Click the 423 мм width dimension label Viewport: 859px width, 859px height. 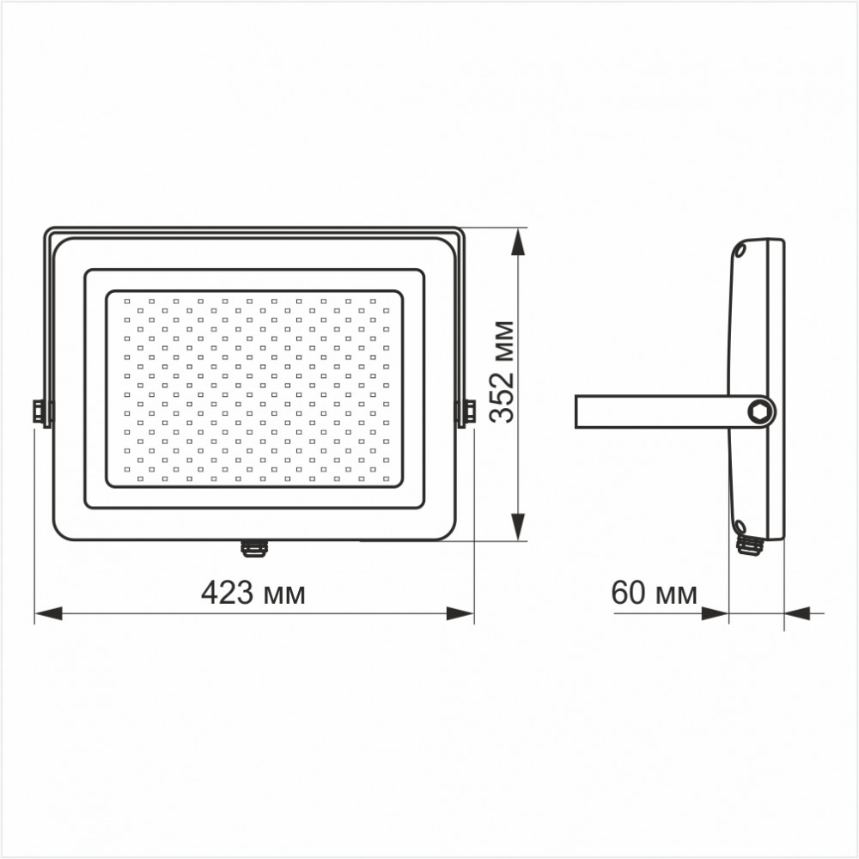click(x=253, y=593)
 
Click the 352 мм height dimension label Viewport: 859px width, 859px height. click(x=503, y=372)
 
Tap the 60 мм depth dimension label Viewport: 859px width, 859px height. click(x=654, y=593)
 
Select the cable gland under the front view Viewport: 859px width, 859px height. click(x=253, y=548)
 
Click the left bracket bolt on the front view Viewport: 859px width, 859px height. click(x=41, y=411)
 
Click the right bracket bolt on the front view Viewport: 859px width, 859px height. click(x=466, y=411)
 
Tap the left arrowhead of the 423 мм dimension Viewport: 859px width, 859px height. click(x=48, y=613)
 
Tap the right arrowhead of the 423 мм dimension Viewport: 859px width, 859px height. click(x=460, y=613)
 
